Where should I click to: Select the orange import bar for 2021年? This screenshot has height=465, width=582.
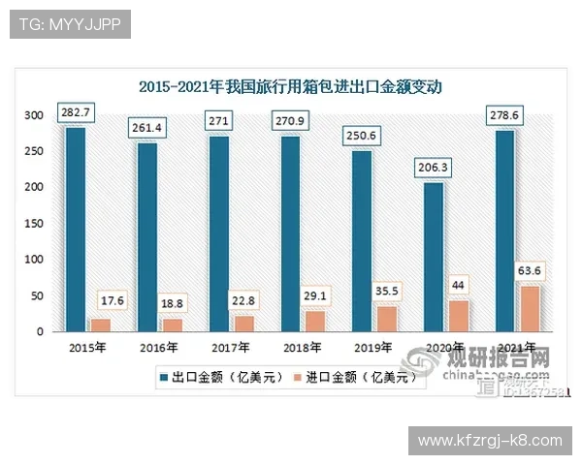[531, 309]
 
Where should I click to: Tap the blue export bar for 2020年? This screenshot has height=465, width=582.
[434, 258]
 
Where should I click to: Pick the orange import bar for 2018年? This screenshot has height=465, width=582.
[315, 322]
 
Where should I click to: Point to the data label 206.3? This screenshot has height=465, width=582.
[434, 168]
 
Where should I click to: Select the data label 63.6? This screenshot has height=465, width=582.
[531, 270]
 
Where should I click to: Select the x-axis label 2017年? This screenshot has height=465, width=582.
[230, 347]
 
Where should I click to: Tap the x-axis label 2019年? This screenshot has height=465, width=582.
[373, 347]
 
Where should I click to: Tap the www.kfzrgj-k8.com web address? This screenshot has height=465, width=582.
[490, 441]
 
